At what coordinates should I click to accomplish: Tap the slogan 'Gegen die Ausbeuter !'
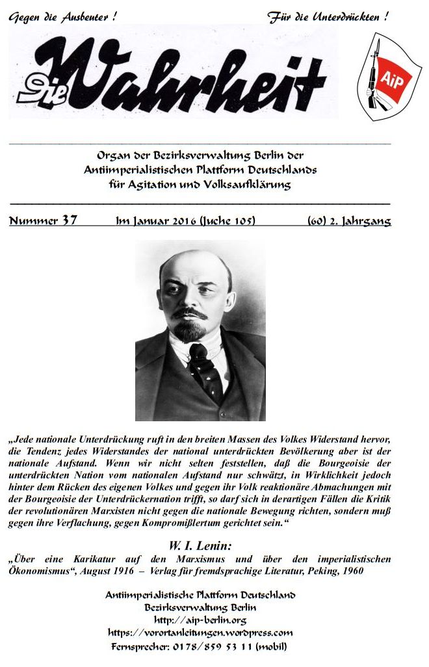point(63,18)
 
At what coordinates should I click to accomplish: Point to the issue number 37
point(70,220)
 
